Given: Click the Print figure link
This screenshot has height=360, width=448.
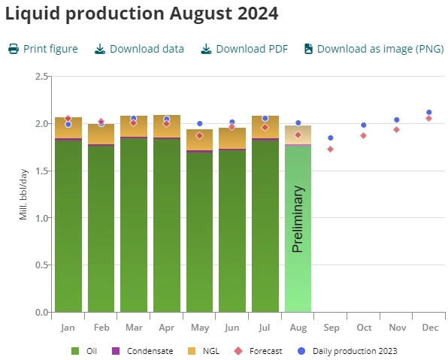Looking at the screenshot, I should tap(43, 49).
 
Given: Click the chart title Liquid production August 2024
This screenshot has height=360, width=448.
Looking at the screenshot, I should tap(142, 13).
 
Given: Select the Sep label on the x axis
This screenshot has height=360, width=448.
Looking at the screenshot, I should tap(331, 328).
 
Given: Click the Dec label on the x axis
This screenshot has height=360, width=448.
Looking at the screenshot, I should tap(429, 328).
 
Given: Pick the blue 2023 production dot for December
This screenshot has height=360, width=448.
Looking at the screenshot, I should tap(429, 112).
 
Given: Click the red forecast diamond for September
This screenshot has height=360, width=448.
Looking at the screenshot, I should tap(331, 149).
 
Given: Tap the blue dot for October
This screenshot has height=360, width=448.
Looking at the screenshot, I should tap(364, 125).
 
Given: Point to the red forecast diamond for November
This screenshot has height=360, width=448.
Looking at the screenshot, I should tap(396, 129).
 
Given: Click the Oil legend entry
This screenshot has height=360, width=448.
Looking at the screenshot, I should tap(85, 351).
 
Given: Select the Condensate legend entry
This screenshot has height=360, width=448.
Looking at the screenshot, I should tap(143, 351).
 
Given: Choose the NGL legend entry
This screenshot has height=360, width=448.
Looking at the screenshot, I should tap(204, 351).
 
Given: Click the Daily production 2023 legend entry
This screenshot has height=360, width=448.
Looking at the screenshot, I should tap(347, 351).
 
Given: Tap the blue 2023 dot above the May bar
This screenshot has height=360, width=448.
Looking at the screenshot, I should tap(200, 123).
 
